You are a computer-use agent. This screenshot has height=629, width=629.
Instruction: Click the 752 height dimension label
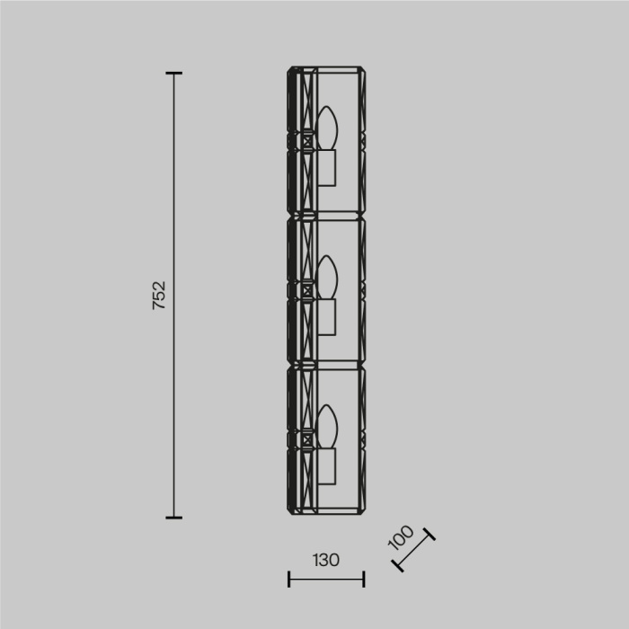pos(159,296)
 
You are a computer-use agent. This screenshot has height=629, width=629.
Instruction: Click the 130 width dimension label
pos(326,560)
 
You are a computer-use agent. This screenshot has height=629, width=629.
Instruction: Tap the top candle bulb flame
pos(326,128)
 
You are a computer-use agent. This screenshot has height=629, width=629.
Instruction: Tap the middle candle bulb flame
pos(326,278)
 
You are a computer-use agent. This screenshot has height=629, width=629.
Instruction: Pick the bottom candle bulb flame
pos(326,427)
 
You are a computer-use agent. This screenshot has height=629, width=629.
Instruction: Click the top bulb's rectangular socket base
pos(326,167)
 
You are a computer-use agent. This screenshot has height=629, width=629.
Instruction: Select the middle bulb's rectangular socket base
pos(326,316)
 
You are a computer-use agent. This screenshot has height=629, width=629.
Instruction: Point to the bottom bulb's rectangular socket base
pos(326,465)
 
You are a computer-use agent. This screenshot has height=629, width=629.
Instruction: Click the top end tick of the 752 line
pos(174,74)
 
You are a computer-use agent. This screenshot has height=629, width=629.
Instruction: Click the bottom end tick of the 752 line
pos(174,518)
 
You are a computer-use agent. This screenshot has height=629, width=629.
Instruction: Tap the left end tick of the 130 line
pos(288,580)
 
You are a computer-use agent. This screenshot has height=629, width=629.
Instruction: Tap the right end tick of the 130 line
pos(364,580)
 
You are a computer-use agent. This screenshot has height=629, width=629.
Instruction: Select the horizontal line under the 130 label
pos(326,580)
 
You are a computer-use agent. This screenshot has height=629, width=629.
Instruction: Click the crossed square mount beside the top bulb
pos(308,140)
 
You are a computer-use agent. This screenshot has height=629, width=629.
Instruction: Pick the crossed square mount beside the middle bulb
pos(308,289)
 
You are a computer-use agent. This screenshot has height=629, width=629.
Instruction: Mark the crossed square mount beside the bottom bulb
pos(308,439)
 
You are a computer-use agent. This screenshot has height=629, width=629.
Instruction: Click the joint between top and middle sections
pos(326,216)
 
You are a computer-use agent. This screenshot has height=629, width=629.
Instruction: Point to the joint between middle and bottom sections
pos(326,365)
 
